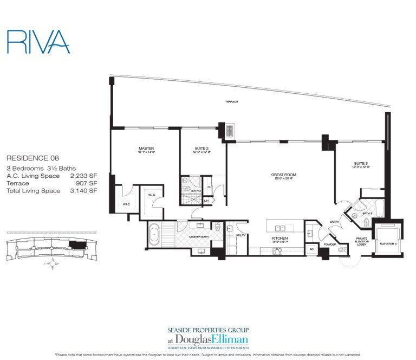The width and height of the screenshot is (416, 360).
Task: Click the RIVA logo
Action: tap(38, 42)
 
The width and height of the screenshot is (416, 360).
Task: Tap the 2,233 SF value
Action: tap(84, 176)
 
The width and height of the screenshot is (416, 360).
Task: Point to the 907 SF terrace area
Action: tap(88, 183)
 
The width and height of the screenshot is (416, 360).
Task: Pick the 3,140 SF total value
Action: tap(84, 191)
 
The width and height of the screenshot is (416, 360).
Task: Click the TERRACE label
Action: tap(232, 102)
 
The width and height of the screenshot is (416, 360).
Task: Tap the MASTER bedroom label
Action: tap(146, 148)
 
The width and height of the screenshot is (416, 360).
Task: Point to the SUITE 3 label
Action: tap(361, 164)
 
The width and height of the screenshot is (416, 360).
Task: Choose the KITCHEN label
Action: tap(279, 239)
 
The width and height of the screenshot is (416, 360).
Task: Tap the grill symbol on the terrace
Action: tap(229, 131)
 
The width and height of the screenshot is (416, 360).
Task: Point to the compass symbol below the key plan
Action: tap(53, 264)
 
